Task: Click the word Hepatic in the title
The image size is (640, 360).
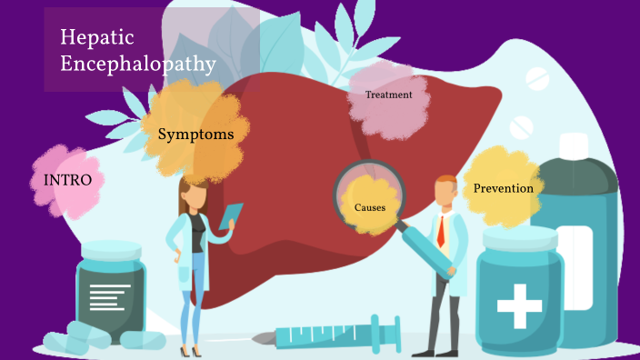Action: [97, 38]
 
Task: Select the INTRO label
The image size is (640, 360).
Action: [67, 180]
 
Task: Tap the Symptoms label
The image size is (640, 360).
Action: [196, 135]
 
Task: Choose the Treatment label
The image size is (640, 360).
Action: [388, 95]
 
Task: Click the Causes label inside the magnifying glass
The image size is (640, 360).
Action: [370, 207]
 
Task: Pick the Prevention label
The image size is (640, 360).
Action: [503, 188]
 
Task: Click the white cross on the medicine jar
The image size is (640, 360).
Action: [519, 305]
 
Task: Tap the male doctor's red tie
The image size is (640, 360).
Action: [441, 231]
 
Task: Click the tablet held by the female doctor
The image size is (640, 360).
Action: [230, 216]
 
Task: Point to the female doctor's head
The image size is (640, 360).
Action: [194, 195]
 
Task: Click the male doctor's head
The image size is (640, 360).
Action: [445, 191]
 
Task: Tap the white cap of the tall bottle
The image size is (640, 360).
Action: [575, 145]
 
